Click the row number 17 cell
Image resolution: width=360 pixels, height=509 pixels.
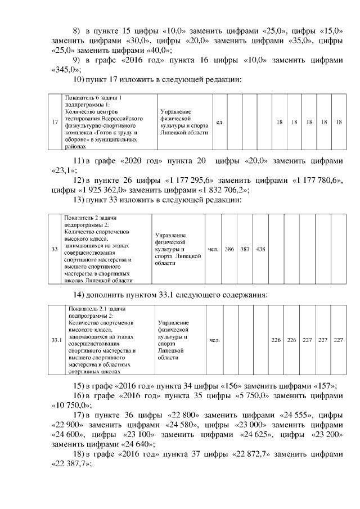[x=54, y=122]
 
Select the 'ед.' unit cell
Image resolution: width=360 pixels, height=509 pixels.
[x=220, y=122]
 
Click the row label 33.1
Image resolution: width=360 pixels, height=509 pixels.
[x=56, y=340]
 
